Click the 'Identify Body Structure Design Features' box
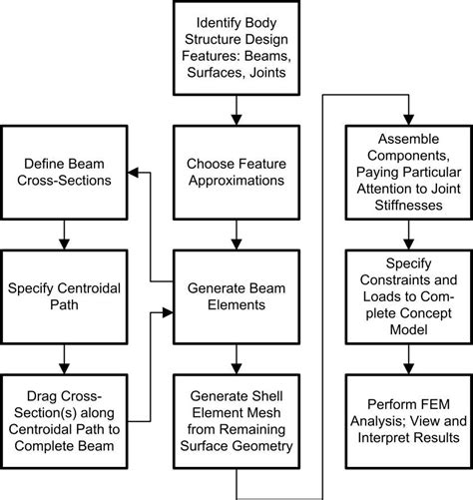pos(236,47)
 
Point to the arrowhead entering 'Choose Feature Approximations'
pos(236,119)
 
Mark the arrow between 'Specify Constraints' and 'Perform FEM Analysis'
pos(407,358)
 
